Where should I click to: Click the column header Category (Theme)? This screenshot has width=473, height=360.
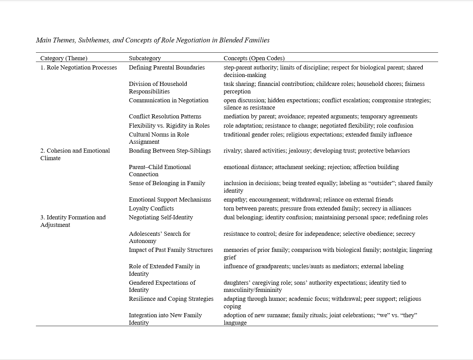point(64,58)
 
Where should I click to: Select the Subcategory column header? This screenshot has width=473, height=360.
point(145,58)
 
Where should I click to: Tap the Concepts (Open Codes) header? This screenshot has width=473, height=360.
point(254,58)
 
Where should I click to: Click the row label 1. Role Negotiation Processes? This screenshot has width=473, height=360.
point(79,67)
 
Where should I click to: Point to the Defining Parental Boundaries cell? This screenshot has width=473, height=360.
point(167,67)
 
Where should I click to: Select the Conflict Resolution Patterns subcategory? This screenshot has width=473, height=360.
point(165,116)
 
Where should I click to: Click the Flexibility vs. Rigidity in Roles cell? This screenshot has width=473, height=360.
point(169,126)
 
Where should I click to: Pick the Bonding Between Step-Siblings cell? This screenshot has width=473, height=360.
point(170,151)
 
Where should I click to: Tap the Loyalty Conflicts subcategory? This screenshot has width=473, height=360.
point(151,208)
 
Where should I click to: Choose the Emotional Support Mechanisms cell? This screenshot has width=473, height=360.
point(170,200)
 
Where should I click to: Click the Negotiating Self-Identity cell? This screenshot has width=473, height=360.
point(161,217)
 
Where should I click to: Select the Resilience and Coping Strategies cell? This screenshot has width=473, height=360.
point(171,299)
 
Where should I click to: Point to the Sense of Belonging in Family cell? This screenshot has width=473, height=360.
point(167,183)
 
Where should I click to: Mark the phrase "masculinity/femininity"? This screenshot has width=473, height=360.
point(253,290)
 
